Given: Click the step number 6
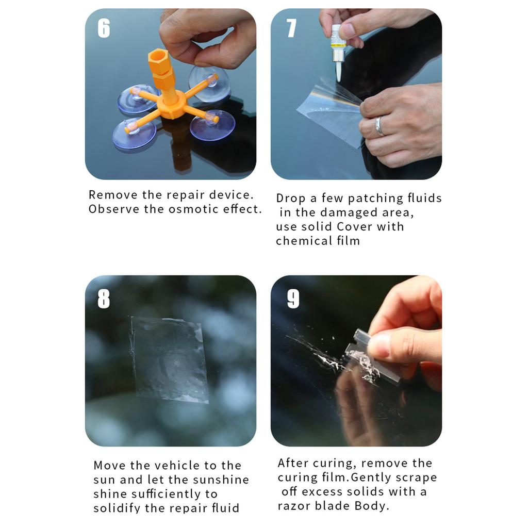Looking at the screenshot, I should [104, 28].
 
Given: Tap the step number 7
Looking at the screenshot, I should [291, 28].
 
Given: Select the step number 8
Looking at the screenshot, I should [104, 299].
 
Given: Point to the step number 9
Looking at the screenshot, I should [293, 299].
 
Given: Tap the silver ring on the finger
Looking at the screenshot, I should [379, 126].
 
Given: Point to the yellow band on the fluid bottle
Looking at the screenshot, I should [338, 45].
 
